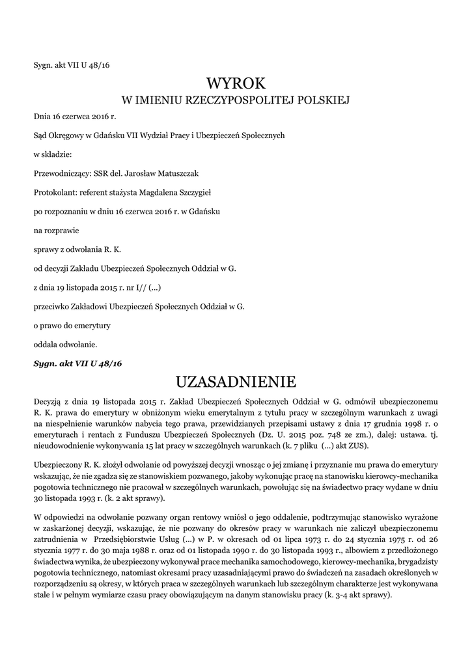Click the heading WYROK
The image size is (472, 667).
pyautogui.click(x=236, y=83)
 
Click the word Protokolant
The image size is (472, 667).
pyautogui.click(x=54, y=193)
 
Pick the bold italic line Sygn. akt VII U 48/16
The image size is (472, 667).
pyautogui.click(x=77, y=363)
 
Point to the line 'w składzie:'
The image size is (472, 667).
pyautogui.click(x=53, y=155)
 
